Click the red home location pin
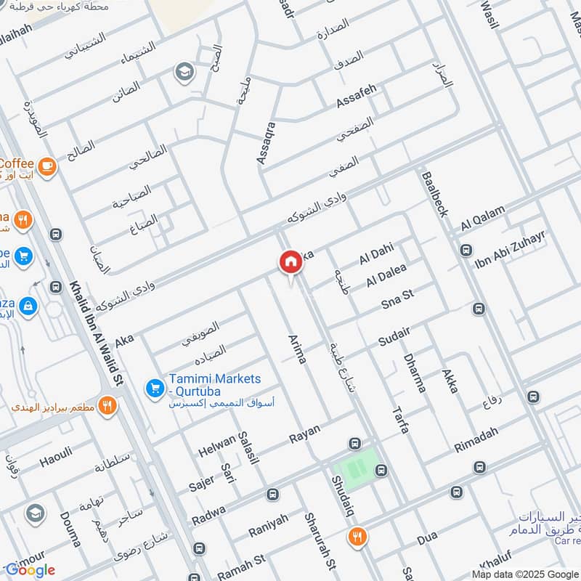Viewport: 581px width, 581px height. (290, 263)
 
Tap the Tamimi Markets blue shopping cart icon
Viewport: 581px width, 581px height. (154, 389)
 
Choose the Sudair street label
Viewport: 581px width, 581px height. (394, 336)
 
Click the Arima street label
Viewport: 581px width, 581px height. (297, 349)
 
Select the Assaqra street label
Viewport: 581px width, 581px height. (267, 142)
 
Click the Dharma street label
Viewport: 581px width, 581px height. (414, 373)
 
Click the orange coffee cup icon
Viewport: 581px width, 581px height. (47, 166)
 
